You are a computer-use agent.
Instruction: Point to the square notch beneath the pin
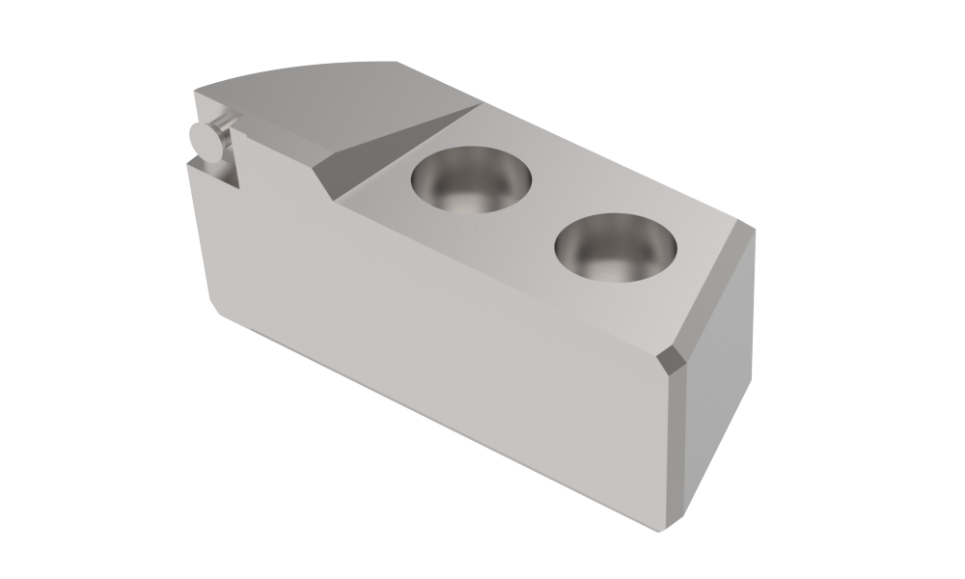pos(214,172)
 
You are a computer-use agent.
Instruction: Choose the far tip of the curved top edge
pos(397,62)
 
